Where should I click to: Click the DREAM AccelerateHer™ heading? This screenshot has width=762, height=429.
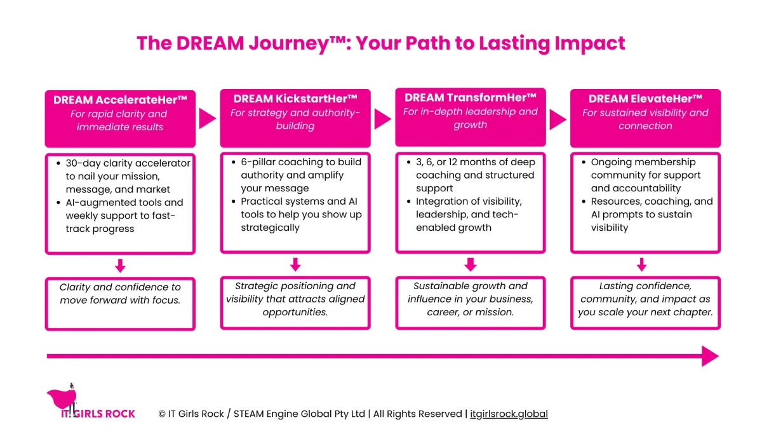click(x=120, y=100)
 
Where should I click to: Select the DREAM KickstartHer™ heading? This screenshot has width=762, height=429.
click(x=295, y=99)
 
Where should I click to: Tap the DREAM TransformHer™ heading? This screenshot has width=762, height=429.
click(x=471, y=97)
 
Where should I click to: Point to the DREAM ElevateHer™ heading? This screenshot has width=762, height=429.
click(x=645, y=99)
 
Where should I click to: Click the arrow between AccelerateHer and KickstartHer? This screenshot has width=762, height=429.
click(x=207, y=118)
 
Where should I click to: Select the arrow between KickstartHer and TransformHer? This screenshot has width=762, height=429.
click(x=382, y=119)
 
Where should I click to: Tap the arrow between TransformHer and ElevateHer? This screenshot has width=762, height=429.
click(x=558, y=119)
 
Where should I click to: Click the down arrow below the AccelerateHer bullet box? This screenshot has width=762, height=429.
click(x=120, y=266)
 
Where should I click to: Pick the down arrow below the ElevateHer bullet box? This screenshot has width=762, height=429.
click(x=641, y=264)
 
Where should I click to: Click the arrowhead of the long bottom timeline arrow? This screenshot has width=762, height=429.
click(x=710, y=356)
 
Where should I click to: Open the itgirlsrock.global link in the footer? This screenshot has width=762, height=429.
click(x=509, y=414)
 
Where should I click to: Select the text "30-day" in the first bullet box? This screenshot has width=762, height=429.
click(x=83, y=163)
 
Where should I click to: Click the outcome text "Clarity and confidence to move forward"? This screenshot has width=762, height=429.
click(x=120, y=294)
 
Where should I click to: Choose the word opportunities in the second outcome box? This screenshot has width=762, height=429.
click(x=295, y=312)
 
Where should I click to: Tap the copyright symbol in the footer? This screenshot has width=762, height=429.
click(x=162, y=414)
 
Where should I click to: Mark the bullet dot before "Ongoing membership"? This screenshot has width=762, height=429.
click(x=584, y=162)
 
